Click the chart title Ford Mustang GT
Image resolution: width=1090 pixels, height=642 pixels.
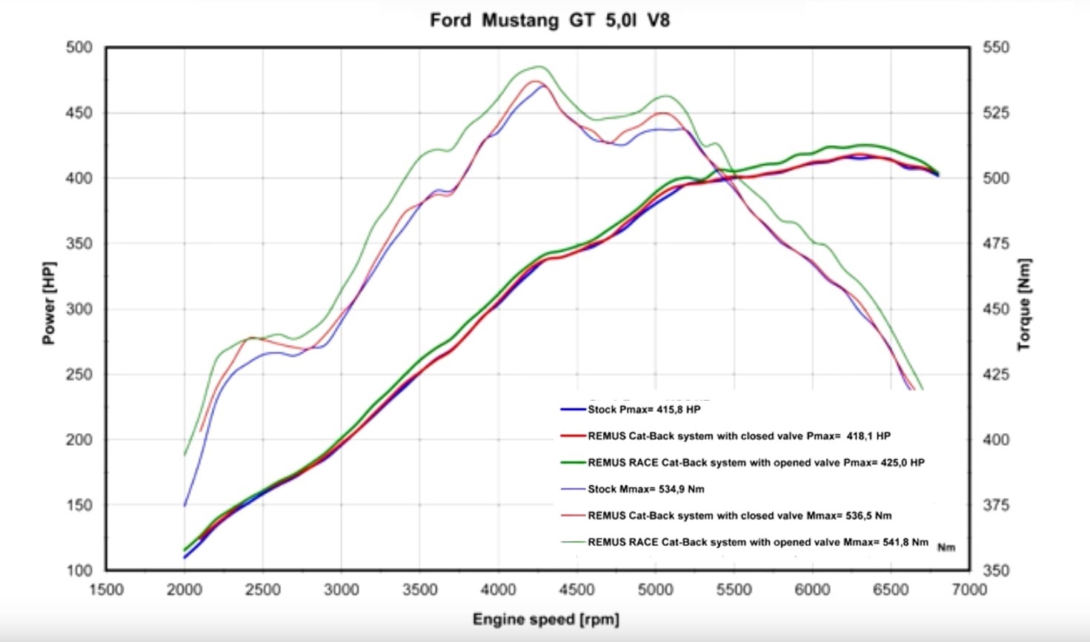(x=549, y=20)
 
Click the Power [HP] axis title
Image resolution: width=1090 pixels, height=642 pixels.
(x=49, y=303)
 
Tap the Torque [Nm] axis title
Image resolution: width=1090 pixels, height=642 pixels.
(x=1024, y=304)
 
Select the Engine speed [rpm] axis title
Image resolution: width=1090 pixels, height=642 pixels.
(x=545, y=619)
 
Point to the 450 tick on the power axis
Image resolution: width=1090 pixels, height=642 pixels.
(x=79, y=113)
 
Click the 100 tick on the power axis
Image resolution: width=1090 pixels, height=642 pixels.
(x=79, y=570)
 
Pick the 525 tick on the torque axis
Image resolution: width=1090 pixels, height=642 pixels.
(x=996, y=113)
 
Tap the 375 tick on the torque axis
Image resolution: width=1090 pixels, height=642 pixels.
(x=996, y=505)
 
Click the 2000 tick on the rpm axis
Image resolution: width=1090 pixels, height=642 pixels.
(x=185, y=589)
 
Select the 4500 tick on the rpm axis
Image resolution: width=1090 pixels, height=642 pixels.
(x=576, y=589)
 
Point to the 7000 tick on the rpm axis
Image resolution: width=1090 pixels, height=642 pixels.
(x=969, y=589)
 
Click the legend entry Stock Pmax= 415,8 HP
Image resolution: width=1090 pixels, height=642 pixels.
(x=643, y=409)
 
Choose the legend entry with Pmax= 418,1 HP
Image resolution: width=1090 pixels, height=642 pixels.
(x=738, y=436)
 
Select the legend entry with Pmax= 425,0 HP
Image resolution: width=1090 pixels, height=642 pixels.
(x=755, y=463)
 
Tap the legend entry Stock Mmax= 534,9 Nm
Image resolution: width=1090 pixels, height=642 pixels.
(x=645, y=489)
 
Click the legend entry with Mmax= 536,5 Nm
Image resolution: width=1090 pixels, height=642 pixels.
(x=739, y=516)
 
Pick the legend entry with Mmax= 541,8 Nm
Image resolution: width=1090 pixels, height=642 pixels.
(x=757, y=543)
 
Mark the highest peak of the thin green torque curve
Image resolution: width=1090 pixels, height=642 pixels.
(x=539, y=67)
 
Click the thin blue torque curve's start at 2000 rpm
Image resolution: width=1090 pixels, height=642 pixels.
(x=185, y=505)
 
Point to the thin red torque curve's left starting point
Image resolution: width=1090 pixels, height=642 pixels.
(x=200, y=431)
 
